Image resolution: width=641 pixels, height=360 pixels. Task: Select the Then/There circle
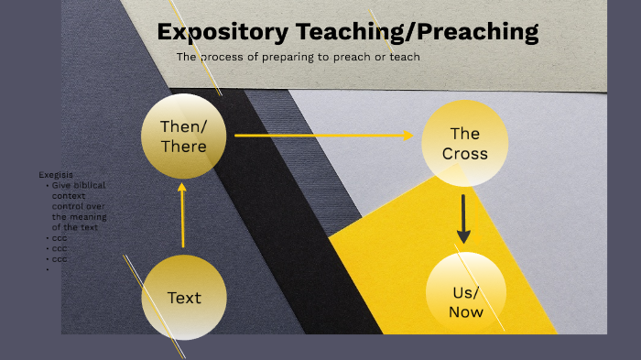click(x=183, y=136)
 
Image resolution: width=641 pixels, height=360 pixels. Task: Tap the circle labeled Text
click(x=183, y=297)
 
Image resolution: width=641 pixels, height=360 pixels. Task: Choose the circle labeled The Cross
click(x=464, y=143)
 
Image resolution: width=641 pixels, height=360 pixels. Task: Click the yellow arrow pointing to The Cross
click(x=324, y=136)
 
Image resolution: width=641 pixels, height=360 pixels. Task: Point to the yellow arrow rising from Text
click(x=183, y=216)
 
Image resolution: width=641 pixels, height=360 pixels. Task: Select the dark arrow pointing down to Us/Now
click(x=464, y=218)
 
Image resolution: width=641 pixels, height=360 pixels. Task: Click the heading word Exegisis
click(x=56, y=174)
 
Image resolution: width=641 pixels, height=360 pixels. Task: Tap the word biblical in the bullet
click(x=88, y=185)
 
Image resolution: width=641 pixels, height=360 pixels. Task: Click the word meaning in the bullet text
click(x=88, y=217)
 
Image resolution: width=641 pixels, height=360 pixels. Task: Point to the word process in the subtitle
click(x=223, y=57)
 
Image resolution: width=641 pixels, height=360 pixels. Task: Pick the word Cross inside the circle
click(x=464, y=153)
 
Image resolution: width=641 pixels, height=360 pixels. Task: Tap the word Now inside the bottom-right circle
click(x=464, y=312)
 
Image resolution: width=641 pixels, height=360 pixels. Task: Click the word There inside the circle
click(x=183, y=146)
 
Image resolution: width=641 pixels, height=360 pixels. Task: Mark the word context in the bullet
click(x=68, y=196)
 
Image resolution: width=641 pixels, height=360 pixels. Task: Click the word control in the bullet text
click(x=68, y=206)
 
